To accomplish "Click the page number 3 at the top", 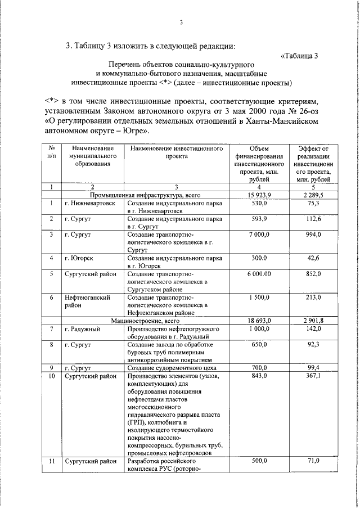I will (181, 22).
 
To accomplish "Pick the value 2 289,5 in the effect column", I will (313, 195).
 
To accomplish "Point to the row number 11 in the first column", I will (51, 460).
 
